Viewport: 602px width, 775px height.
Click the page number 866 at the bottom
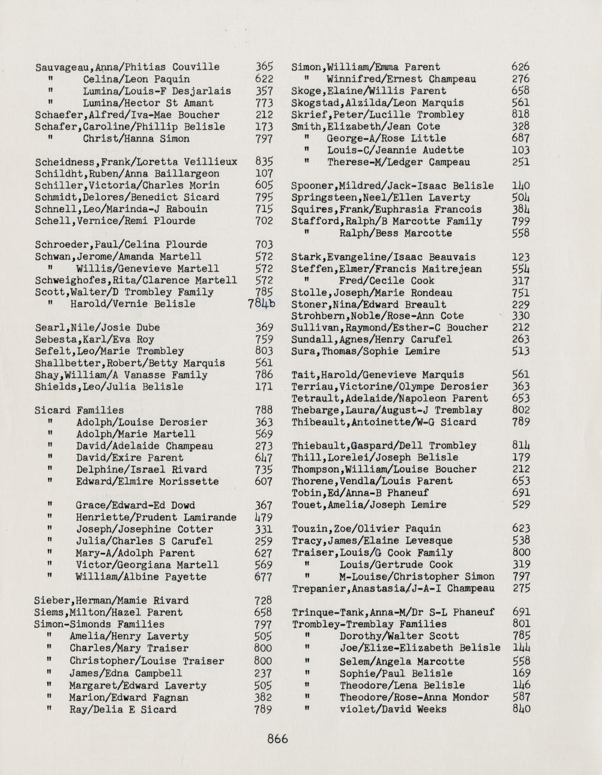tap(278, 738)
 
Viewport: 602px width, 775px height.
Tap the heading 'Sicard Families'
tap(79, 410)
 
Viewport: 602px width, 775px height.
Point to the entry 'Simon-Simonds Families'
tap(99, 624)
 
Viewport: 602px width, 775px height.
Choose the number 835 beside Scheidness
tap(264, 162)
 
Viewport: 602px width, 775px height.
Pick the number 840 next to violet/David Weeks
tap(521, 709)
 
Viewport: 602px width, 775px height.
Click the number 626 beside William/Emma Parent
tap(521, 67)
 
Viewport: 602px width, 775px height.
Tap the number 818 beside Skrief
tap(521, 115)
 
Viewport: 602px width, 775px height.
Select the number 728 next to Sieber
tap(264, 601)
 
